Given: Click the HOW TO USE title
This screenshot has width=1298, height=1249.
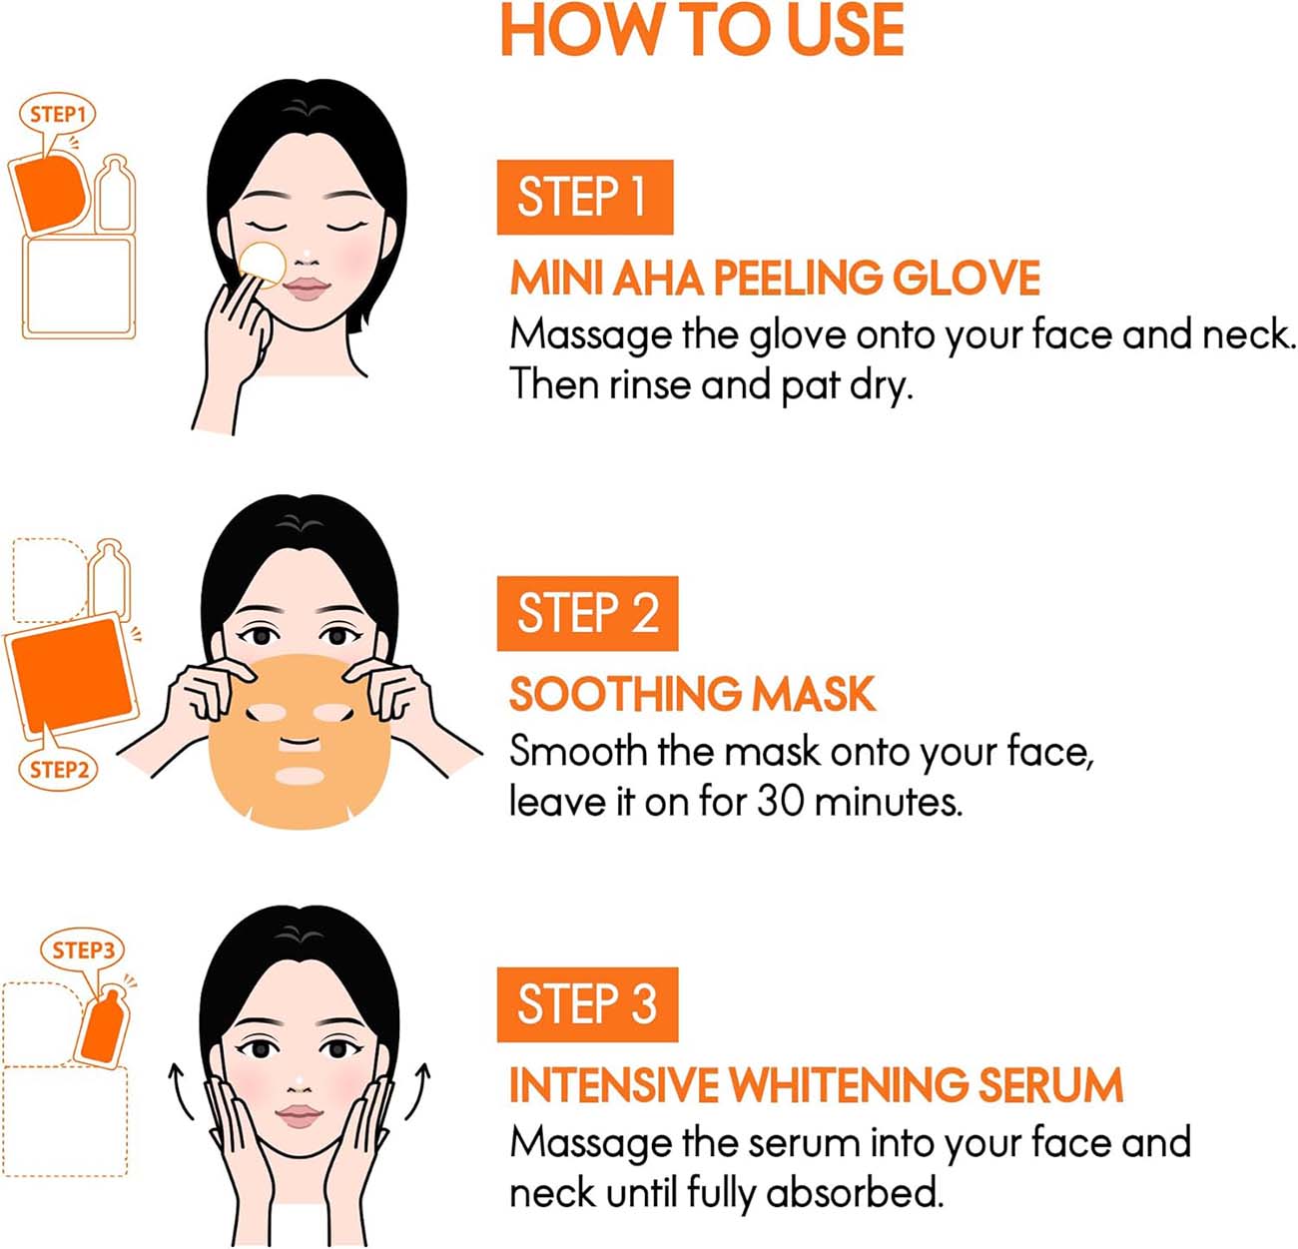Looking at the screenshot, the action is pos(702,30).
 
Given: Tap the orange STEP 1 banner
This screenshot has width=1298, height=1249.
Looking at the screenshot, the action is pos(584,197).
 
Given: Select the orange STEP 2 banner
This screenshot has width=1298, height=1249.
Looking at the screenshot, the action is pos(587,613).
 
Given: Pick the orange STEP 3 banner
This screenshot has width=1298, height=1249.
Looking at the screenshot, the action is pos(587,1004).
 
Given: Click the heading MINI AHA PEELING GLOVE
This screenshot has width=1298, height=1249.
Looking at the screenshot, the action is pos(775,278).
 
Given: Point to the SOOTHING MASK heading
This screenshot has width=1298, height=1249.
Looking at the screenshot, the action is pos(692,694).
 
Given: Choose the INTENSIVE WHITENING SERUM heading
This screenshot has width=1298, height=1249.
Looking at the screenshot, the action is pos(816,1085).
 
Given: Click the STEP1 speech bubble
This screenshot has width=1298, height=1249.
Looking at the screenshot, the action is pos(58,116).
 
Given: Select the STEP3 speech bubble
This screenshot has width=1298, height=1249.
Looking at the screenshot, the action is pos(83,949).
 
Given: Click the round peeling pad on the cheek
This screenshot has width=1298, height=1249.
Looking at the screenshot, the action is pos(263,265).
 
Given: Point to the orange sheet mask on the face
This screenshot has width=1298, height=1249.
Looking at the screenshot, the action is pos(300,741).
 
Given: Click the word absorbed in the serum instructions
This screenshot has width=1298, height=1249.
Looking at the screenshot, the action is pos(855,1192).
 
